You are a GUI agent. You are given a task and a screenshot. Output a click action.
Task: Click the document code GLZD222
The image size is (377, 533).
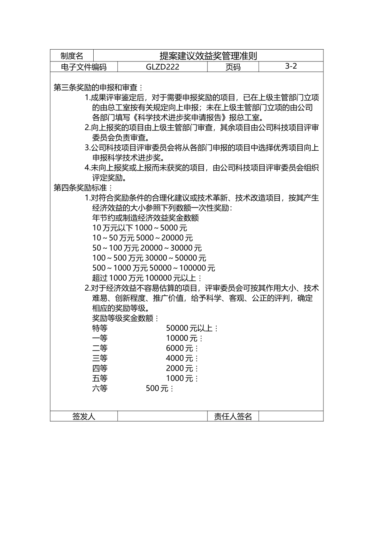162,67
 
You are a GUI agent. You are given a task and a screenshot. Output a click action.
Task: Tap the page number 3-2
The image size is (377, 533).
291,66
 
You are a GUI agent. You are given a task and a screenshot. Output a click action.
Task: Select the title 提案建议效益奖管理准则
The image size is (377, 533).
208,56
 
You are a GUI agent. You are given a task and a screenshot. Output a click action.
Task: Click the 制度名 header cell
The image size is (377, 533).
72,56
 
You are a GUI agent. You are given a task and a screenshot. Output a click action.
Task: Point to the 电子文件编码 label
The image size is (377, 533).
84,67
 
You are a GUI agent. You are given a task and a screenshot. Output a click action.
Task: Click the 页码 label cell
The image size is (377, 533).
233,67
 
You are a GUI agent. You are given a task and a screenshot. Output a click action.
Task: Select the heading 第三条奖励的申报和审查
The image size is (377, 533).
98,87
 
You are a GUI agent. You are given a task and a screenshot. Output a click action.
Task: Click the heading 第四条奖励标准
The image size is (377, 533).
83,188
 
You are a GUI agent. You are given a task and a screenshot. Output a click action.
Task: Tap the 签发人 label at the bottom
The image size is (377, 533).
84,416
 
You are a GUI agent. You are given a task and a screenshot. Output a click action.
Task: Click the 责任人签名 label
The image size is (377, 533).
233,416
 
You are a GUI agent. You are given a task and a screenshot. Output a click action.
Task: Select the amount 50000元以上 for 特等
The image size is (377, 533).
192,328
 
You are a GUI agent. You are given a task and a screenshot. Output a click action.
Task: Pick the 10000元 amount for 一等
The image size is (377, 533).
184,338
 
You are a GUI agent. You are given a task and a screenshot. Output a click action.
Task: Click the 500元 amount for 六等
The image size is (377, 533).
160,389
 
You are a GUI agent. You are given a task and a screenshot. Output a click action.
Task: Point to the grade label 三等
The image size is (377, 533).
100,359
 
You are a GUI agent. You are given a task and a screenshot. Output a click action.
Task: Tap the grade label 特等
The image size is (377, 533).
100,328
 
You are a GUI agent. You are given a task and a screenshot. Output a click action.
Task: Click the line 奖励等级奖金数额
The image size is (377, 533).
125,318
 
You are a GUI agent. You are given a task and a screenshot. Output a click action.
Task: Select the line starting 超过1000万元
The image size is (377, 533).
147,278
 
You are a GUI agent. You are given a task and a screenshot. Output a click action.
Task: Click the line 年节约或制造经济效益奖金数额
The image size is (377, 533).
145,218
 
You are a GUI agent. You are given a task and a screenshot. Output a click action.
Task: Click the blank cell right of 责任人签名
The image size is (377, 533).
291,416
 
